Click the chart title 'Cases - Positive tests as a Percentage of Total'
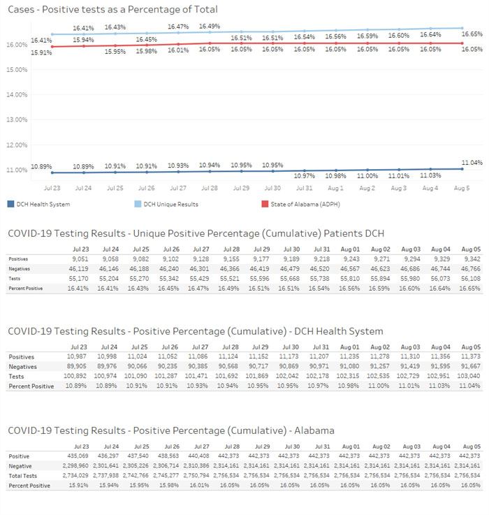click(112, 9)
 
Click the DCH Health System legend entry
click(38, 204)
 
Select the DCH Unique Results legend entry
click(166, 204)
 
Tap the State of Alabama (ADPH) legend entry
click(301, 204)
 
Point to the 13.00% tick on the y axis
click(17, 119)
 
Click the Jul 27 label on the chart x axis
click(178, 188)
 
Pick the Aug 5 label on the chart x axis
click(462, 188)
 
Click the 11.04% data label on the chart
click(472, 163)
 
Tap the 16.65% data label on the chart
click(472, 34)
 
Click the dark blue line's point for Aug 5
click(462, 169)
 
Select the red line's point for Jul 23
click(52, 47)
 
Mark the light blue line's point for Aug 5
click(462, 28)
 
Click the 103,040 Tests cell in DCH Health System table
click(469, 376)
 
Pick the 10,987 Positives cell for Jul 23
click(77, 356)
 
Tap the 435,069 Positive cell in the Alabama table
click(78, 456)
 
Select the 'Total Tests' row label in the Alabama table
click(22, 476)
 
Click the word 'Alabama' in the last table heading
click(314, 430)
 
